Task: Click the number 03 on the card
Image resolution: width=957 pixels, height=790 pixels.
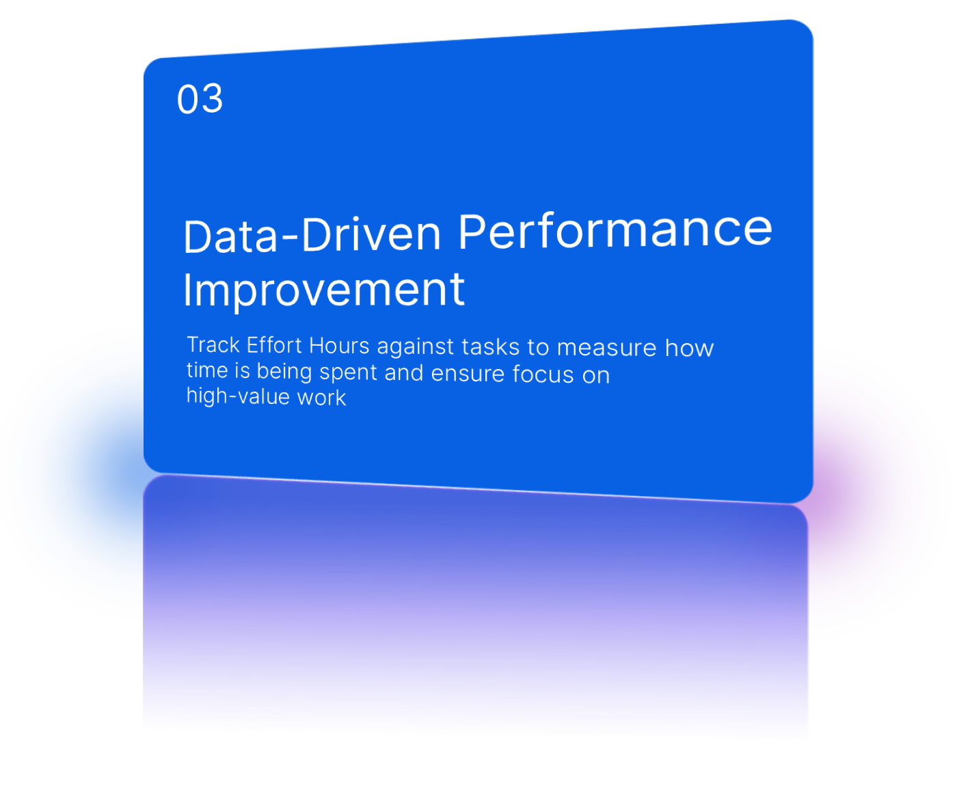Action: (x=200, y=99)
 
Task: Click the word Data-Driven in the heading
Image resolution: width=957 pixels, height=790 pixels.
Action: (x=312, y=235)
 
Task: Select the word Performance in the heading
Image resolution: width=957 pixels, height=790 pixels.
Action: (x=615, y=231)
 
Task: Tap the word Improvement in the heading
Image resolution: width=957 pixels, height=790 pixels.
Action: (x=324, y=290)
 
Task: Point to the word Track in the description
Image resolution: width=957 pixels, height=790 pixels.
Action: (x=213, y=344)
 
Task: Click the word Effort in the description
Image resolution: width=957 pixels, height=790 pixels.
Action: (x=273, y=345)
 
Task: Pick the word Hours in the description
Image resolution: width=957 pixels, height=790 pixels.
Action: (x=339, y=346)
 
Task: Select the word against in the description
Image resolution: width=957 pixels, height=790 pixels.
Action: (x=415, y=347)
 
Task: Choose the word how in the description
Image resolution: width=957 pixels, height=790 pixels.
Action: (x=689, y=349)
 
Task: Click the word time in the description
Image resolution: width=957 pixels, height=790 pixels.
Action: (x=207, y=370)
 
